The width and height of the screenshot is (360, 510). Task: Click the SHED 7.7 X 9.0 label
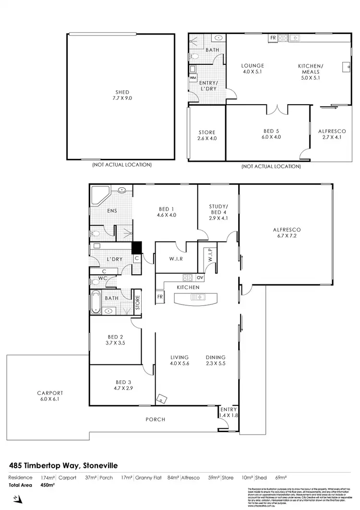(122, 95)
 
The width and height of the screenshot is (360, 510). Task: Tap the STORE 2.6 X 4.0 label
(207, 135)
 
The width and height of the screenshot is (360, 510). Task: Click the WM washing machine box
(193, 77)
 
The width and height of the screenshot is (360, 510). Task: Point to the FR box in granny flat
(273, 37)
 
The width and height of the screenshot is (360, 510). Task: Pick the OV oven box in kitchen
(200, 277)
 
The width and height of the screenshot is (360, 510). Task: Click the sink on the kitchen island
(197, 298)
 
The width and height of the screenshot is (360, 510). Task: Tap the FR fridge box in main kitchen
(159, 298)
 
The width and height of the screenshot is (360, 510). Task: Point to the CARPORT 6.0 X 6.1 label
(50, 395)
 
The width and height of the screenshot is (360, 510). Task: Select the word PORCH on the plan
(155, 419)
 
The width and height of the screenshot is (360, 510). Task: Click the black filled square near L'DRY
(137, 247)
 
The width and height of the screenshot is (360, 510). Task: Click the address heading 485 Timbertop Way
(63, 465)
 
